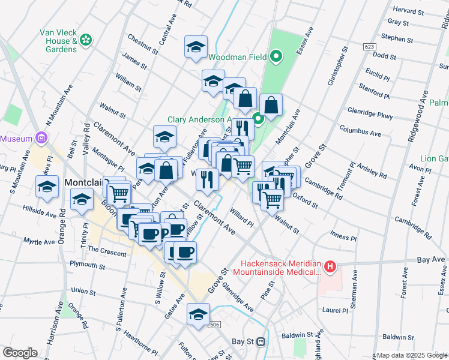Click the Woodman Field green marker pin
click(x=276, y=58)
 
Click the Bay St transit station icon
click(x=261, y=341)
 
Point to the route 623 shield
click(x=369, y=46)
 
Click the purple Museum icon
click(x=41, y=138)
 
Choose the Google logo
click(x=20, y=353)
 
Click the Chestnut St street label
click(x=143, y=44)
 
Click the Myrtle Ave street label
click(x=39, y=242)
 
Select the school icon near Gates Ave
click(x=198, y=313)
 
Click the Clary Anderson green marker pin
click(x=258, y=119)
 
